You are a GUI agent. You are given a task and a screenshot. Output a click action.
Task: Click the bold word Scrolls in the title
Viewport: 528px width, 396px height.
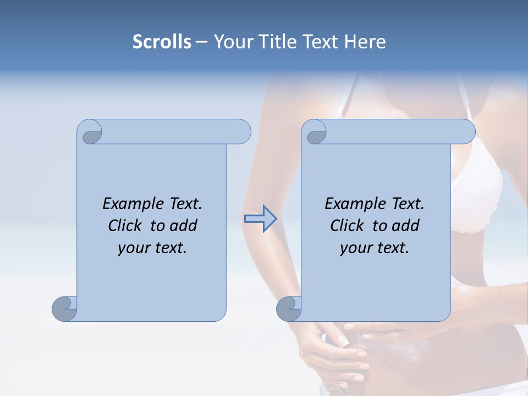point(162,42)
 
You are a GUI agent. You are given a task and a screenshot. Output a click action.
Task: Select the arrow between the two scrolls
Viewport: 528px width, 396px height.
point(260,219)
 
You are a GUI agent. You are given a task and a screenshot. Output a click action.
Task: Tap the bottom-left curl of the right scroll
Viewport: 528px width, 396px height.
point(289,308)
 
